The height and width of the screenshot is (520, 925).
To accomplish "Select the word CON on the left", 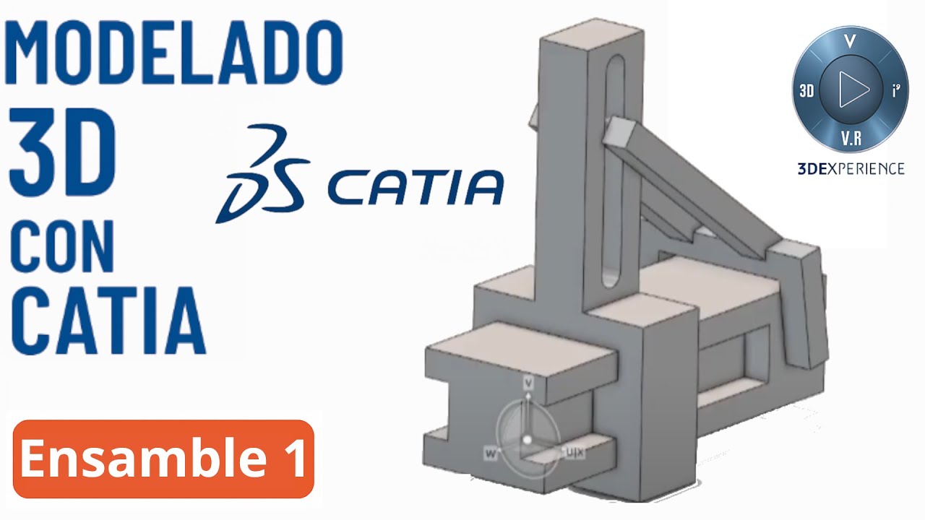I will pyautogui.click(x=61, y=246).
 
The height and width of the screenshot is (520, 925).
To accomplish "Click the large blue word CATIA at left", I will pyautogui.click(x=108, y=318).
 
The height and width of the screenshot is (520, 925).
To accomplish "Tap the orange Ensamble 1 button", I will pyautogui.click(x=163, y=459).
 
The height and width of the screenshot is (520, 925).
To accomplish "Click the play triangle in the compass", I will pyautogui.click(x=853, y=90).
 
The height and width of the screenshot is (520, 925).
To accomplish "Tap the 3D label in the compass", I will pyautogui.click(x=806, y=91).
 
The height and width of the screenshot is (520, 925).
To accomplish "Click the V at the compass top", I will pyautogui.click(x=850, y=42).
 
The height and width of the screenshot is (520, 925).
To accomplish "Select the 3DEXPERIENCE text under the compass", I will pyautogui.click(x=851, y=169).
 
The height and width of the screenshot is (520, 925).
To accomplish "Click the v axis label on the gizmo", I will pyautogui.click(x=528, y=381).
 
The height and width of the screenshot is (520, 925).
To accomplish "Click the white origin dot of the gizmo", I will pyautogui.click(x=528, y=439).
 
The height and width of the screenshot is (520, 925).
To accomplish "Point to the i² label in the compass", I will pyautogui.click(x=896, y=91).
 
